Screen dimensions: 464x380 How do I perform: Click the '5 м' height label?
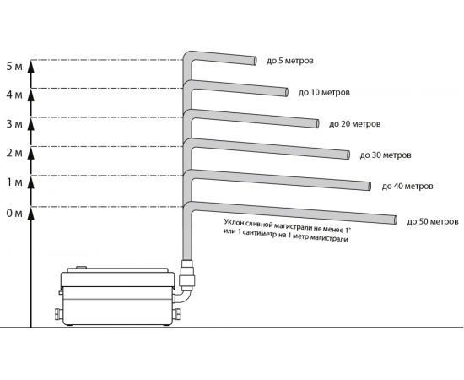14,67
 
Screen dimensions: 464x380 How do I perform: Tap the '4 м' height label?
14,95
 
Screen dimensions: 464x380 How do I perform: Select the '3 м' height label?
14,124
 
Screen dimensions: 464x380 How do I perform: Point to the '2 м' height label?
14,153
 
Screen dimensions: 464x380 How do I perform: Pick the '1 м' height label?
14,182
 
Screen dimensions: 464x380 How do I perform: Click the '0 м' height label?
14,214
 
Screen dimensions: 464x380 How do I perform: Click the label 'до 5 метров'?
289,61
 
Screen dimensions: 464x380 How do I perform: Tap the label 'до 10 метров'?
324,92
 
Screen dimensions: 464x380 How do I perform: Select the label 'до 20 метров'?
355,124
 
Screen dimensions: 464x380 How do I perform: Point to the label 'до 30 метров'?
386,155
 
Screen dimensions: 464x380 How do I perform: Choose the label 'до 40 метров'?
407,187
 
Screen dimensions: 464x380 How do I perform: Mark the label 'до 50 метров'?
433,221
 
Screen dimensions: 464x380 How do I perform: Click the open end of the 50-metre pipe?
395,220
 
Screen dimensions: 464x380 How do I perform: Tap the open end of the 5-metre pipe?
255,61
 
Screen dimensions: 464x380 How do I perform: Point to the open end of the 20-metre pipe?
317,124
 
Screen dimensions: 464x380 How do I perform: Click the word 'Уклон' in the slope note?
234,222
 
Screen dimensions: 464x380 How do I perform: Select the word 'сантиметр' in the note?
260,234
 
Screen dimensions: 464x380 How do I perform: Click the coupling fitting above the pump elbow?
187,275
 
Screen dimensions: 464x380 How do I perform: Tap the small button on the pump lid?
81,268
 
